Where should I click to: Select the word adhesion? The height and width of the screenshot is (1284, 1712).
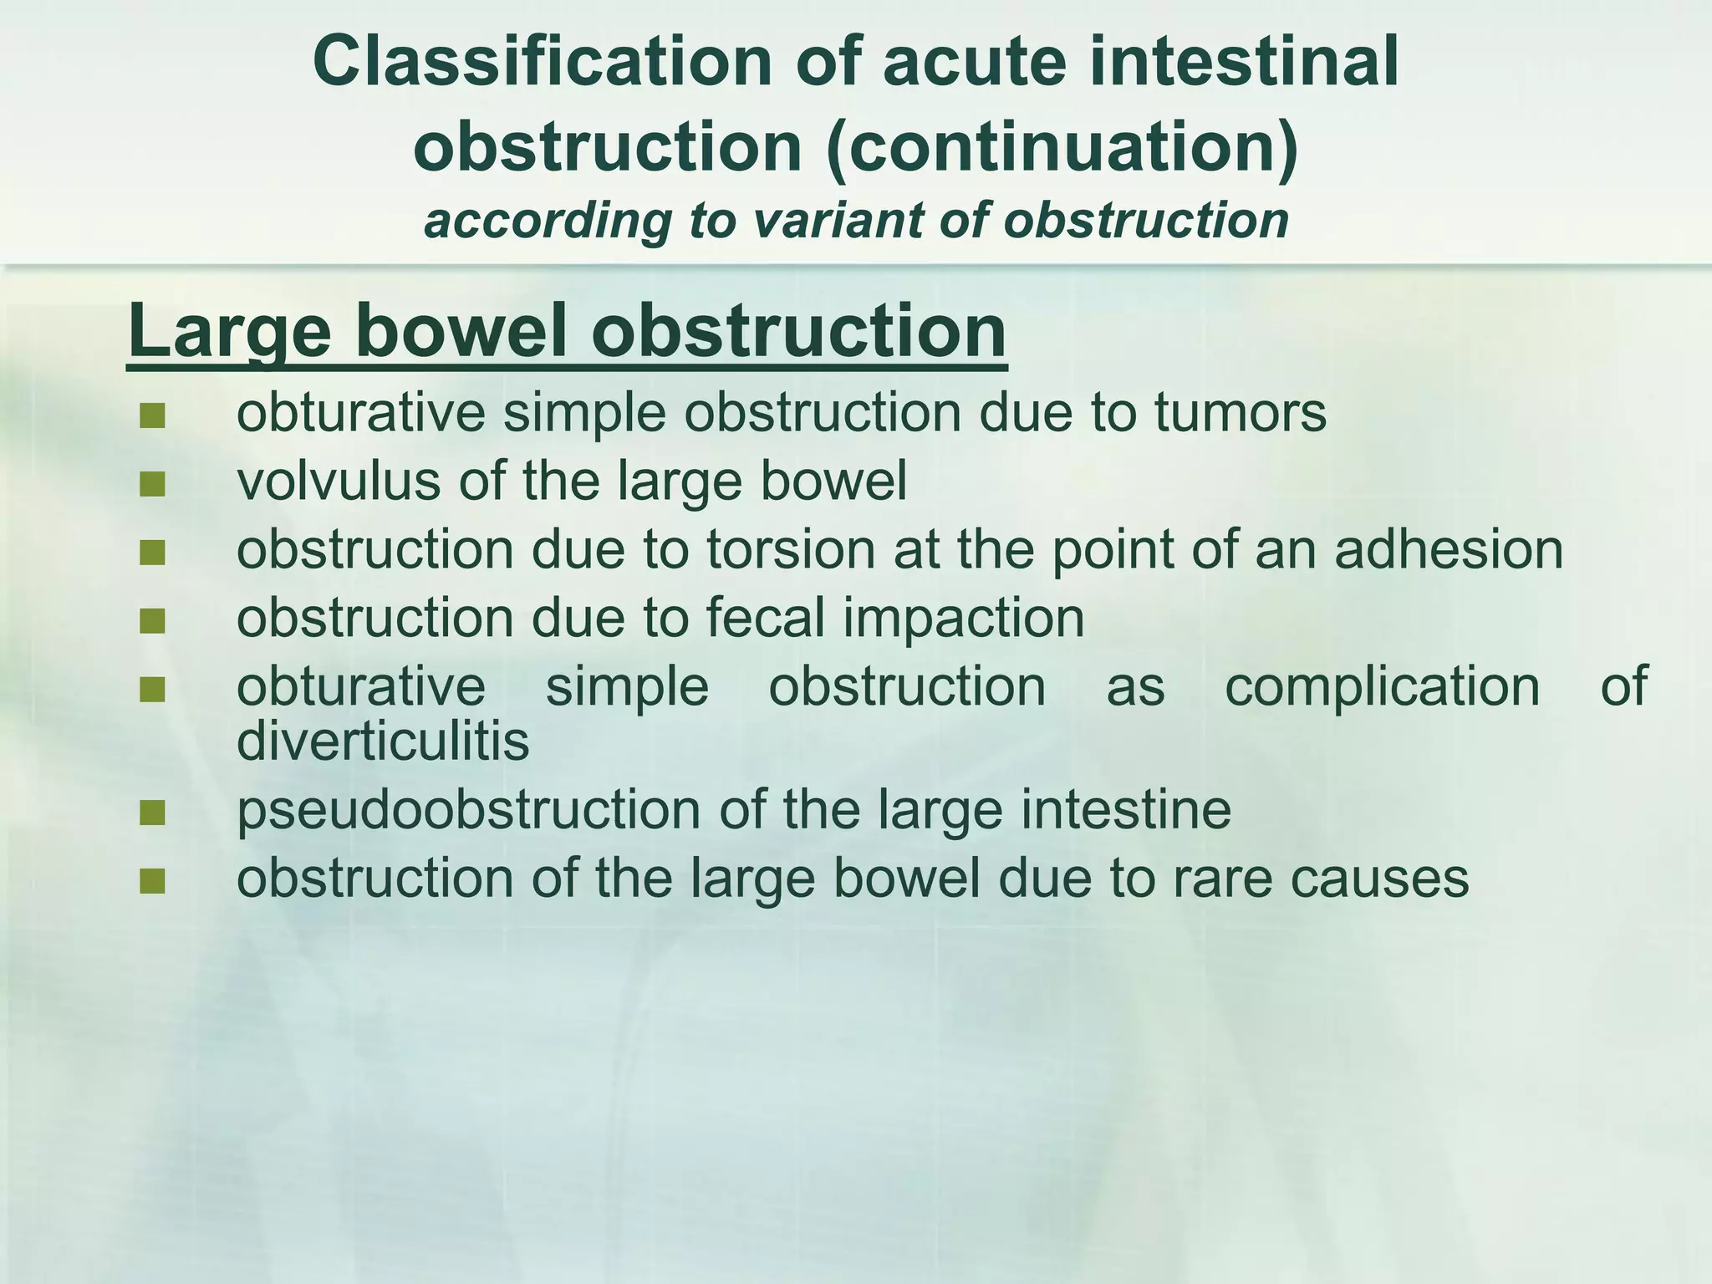(x=1448, y=550)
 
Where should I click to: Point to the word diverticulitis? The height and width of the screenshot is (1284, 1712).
(x=383, y=741)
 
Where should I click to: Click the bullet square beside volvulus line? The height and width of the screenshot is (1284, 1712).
(x=152, y=484)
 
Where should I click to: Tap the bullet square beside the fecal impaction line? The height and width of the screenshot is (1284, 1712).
(x=152, y=621)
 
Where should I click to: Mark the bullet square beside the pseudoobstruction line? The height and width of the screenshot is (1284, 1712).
(x=152, y=813)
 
